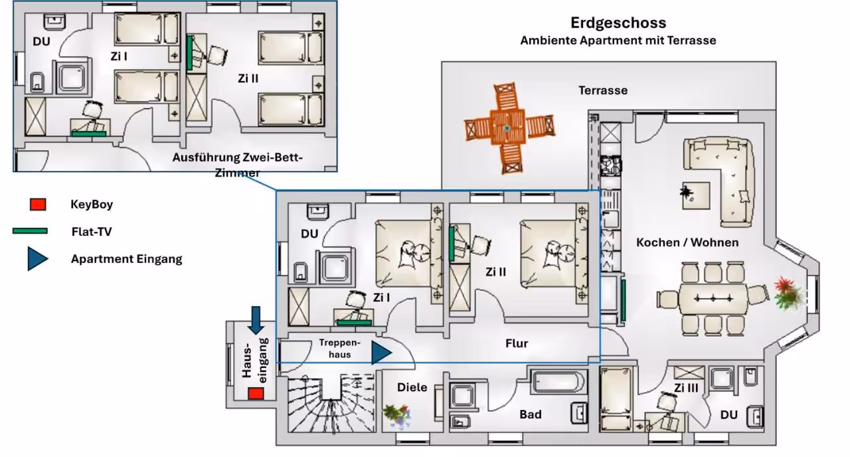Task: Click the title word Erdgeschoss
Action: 618,23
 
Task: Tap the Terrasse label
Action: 603,90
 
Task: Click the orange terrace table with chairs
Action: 509,128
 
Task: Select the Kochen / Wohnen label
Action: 687,242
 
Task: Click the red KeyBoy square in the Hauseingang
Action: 256,394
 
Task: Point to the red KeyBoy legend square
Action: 38,204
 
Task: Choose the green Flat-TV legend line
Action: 30,230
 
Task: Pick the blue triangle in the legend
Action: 38,259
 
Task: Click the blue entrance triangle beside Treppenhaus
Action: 381,353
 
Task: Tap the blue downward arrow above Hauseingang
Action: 256,320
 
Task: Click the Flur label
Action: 517,343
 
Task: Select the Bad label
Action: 531,414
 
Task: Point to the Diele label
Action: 412,387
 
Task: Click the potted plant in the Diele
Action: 396,416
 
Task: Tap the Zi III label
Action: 686,388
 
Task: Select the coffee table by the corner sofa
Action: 696,195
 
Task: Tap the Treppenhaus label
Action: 339,349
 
